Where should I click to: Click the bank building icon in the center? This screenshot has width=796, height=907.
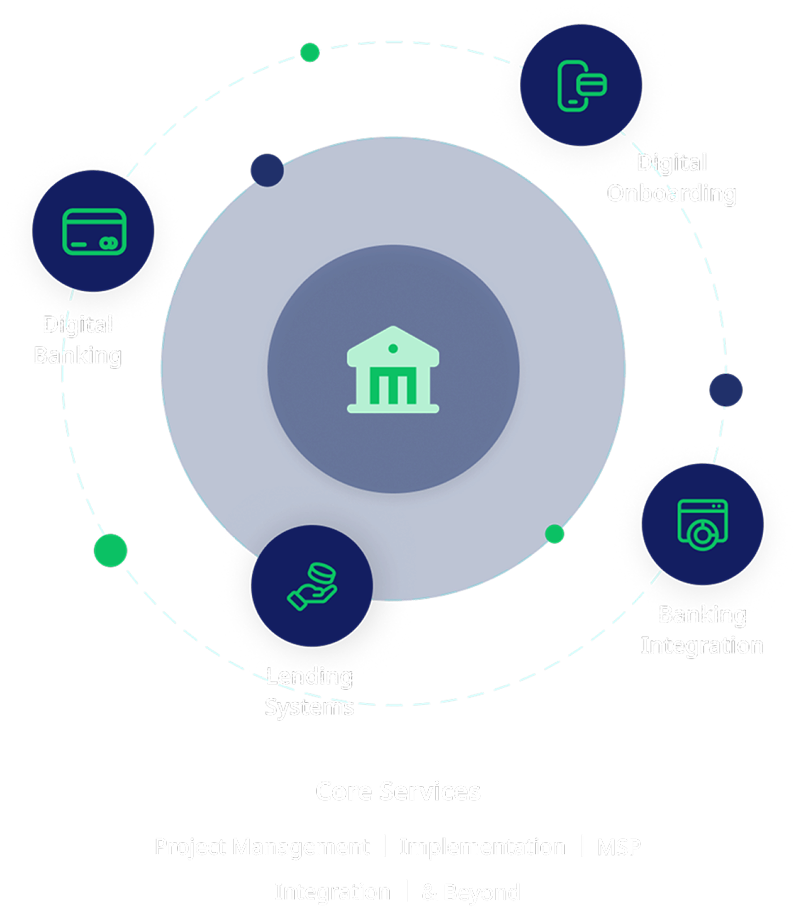click(393, 370)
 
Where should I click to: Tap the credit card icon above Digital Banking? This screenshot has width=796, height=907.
click(94, 231)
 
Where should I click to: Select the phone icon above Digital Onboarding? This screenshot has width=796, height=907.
click(581, 85)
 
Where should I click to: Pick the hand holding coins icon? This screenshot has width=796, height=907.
click(312, 586)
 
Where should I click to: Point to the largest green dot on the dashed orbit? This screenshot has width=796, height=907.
click(110, 550)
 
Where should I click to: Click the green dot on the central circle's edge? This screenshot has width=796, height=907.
click(554, 534)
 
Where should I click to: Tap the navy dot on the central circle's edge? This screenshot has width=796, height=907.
click(267, 170)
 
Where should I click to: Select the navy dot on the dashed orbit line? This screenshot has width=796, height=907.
click(726, 390)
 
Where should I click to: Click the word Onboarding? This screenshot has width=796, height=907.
click(672, 193)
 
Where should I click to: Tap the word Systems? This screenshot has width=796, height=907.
click(309, 707)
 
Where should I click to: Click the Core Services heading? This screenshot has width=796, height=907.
click(398, 791)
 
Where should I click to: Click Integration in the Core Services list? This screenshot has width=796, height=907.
click(333, 892)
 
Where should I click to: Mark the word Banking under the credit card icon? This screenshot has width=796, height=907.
click(78, 356)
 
